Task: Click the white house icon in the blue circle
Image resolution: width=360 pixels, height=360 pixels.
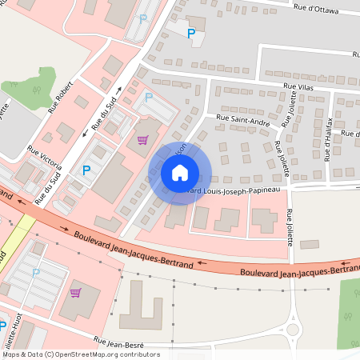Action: [x=180, y=172]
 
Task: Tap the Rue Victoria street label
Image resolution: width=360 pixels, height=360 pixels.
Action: [x=45, y=157]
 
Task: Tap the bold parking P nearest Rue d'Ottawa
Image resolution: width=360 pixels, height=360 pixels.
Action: [x=190, y=34]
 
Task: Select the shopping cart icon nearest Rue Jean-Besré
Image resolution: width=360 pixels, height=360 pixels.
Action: [x=75, y=293]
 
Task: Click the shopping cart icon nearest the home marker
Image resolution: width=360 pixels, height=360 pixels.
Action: [x=142, y=140]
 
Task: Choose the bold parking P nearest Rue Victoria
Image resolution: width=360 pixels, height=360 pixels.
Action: [x=86, y=170]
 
